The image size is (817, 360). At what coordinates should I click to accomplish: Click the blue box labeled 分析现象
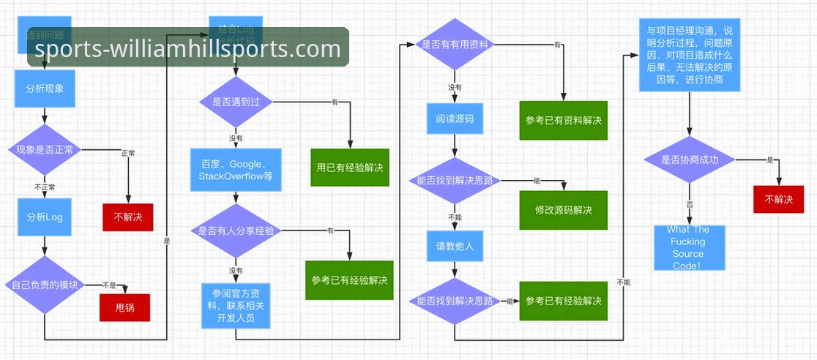[45, 89]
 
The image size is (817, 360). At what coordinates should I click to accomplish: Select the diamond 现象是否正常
[45, 150]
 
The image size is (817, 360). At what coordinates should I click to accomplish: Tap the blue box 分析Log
[45, 217]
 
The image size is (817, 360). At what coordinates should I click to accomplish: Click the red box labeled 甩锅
[125, 307]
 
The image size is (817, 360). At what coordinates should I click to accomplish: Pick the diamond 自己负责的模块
[45, 285]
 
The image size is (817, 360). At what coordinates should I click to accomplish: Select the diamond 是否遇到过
[235, 102]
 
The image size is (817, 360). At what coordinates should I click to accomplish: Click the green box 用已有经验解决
[350, 168]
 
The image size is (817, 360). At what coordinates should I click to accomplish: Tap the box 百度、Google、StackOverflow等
[235, 170]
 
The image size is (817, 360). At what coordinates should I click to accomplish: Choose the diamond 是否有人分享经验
[235, 230]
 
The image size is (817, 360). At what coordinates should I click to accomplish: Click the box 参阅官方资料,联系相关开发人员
[235, 306]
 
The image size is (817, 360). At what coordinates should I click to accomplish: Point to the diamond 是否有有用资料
[455, 45]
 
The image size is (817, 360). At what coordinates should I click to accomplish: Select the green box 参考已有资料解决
[563, 121]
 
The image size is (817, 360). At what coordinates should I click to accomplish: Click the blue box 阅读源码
[455, 119]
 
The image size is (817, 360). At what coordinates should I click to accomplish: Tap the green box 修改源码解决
[563, 210]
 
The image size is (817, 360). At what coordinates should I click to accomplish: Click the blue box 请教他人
[455, 247]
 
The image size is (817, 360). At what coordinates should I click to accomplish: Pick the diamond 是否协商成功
[689, 160]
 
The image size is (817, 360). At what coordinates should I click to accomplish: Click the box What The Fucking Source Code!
[689, 248]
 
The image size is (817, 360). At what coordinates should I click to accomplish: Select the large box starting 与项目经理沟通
[689, 55]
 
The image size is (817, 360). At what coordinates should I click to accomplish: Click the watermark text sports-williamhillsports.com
[188, 48]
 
